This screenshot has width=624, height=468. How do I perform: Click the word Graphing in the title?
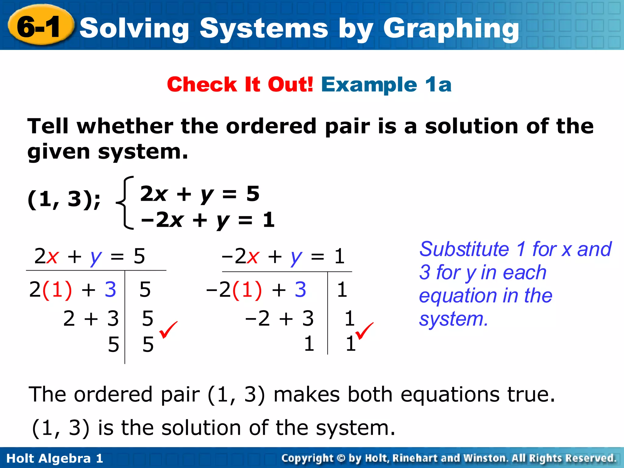[451, 29]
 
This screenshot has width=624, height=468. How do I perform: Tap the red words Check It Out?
[240, 84]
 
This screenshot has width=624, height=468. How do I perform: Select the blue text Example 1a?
[386, 84]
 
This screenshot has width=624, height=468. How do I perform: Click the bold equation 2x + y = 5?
[200, 194]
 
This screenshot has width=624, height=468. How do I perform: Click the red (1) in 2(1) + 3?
[57, 289]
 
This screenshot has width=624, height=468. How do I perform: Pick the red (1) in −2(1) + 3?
[247, 289]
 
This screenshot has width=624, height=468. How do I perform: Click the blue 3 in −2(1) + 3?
[300, 289]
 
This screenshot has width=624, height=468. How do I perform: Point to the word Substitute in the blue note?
[464, 249]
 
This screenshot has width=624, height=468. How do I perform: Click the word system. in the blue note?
[453, 319]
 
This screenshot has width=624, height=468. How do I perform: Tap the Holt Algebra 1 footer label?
[55, 458]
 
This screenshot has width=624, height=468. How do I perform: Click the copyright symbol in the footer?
[341, 458]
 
